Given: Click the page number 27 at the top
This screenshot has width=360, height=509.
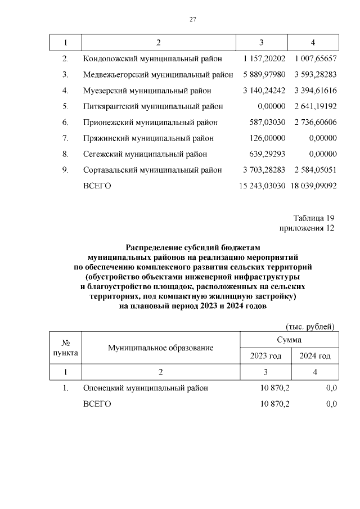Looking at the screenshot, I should pos(192,20).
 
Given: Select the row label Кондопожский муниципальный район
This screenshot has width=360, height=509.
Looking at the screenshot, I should pos(152,58).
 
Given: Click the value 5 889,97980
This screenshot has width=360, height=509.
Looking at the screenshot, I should pos(264,74).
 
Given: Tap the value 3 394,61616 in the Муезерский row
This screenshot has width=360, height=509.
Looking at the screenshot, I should pos(314,90).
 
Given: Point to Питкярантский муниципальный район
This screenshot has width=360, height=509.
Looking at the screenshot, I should pos(153,106).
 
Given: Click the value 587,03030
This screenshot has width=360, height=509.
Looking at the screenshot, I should pos(267,122).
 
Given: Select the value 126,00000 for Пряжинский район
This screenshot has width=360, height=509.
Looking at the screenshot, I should pos(268,138).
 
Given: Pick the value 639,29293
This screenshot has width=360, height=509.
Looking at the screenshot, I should pos(267,154).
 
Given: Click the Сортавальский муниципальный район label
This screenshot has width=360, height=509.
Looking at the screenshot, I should pos(152,170).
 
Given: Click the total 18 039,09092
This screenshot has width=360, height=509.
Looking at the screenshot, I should pos(313,186).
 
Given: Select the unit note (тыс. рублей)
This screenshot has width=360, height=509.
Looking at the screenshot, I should pos(310,326).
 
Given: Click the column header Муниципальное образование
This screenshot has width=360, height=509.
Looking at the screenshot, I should pos(161,348).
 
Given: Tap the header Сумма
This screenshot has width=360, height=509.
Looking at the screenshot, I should pos(289,340).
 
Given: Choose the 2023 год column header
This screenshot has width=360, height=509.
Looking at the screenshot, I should pos(265,356).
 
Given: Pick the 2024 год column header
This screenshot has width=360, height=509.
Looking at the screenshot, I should pos(314,356).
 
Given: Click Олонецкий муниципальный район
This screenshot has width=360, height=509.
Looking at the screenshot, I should pos(146,388).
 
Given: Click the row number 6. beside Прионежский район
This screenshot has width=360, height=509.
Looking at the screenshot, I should pos(65,122).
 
